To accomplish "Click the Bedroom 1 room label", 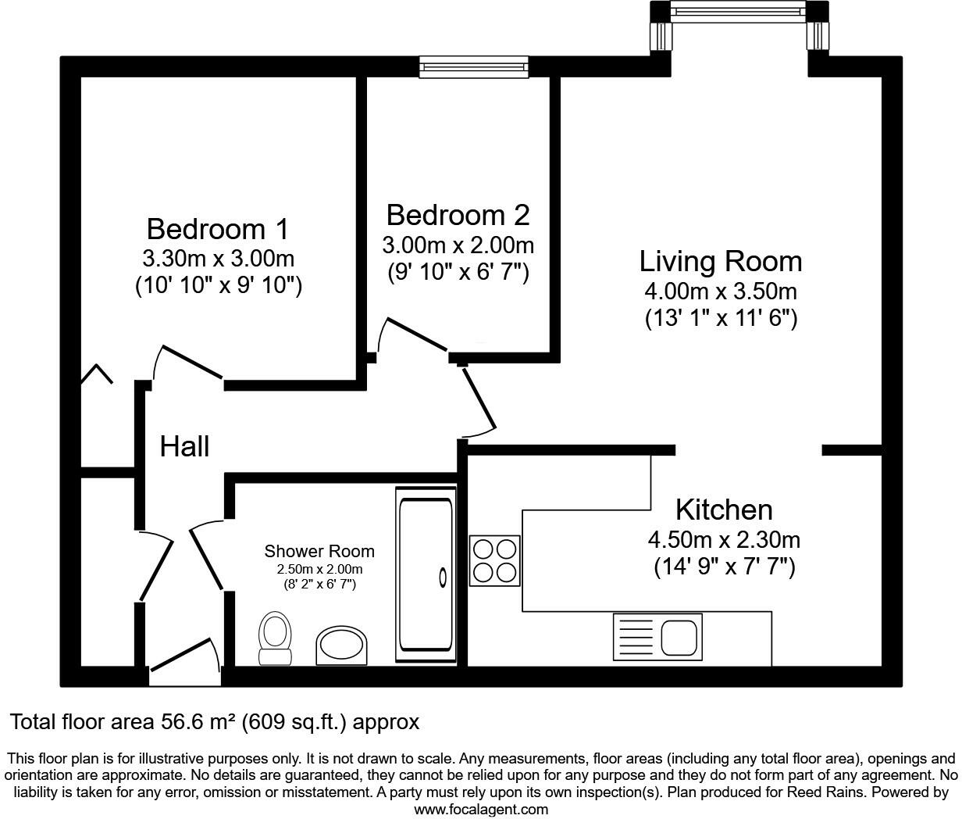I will (217, 229).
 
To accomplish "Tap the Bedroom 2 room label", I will (458, 214).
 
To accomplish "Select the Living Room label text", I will (720, 261).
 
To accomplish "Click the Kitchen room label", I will (723, 510).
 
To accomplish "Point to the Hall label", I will (184, 446).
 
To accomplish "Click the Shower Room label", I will (319, 552).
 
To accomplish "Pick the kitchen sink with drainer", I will (657, 635).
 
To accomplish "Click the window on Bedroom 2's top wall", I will (473, 67).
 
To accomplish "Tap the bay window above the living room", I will (739, 10).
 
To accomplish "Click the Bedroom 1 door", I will (189, 364).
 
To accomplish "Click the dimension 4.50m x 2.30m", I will (723, 539).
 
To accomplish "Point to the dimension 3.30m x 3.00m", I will (218, 258).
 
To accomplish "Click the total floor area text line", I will (214, 722).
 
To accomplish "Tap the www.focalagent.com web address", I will (480, 809).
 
